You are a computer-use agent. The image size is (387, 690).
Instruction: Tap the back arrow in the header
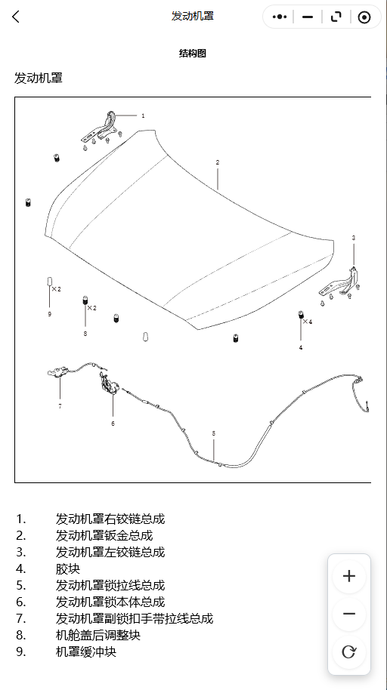pos(16,17)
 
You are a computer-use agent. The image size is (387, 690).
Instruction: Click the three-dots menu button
pos(280,17)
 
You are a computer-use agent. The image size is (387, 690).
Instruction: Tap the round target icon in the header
pos(364,17)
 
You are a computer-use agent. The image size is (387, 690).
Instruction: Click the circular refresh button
pos(349,651)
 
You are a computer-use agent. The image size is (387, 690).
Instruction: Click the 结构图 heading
pos(193,54)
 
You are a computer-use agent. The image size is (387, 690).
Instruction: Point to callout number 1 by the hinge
pos(143,116)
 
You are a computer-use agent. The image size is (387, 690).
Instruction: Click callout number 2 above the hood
pos(217,162)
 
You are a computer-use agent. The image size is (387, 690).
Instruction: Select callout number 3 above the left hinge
pos(354,238)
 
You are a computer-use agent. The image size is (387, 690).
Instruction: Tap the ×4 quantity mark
pos(307,322)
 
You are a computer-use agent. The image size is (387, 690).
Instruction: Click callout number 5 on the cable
pos(214,433)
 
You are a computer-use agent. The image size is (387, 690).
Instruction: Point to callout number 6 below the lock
pos(113,424)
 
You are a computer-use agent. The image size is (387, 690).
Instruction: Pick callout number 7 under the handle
pos(60,406)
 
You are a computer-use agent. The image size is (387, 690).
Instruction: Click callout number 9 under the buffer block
pos(49,314)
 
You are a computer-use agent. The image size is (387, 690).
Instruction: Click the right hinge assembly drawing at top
pos(101,131)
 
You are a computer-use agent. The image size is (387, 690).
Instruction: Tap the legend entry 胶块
pos(68,568)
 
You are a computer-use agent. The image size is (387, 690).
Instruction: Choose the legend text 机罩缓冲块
pos(86,651)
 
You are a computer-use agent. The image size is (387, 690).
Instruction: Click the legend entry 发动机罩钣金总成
pos(104,535)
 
